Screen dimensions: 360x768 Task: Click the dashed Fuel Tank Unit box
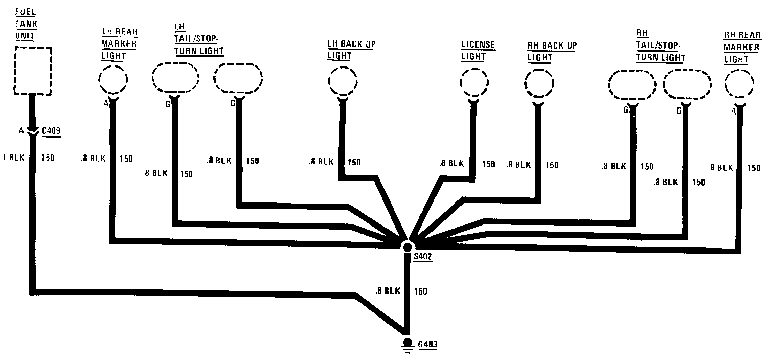pos(33,71)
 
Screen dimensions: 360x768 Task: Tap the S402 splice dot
pos(408,247)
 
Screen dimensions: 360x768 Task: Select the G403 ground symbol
pos(408,343)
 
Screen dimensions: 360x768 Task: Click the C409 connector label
pos(51,131)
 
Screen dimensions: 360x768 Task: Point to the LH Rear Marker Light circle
pos(112,81)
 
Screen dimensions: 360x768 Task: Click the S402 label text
pos(423,257)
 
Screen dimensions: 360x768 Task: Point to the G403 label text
pos(427,345)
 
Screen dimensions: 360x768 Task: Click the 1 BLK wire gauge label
pos(13,157)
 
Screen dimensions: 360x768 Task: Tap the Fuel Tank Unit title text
pos(26,24)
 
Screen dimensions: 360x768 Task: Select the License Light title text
pos(478,51)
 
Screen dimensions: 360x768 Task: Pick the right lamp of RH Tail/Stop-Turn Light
pos(687,85)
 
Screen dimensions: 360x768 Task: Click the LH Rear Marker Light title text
pos(119,43)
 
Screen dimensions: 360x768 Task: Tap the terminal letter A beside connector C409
pos(21,131)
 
